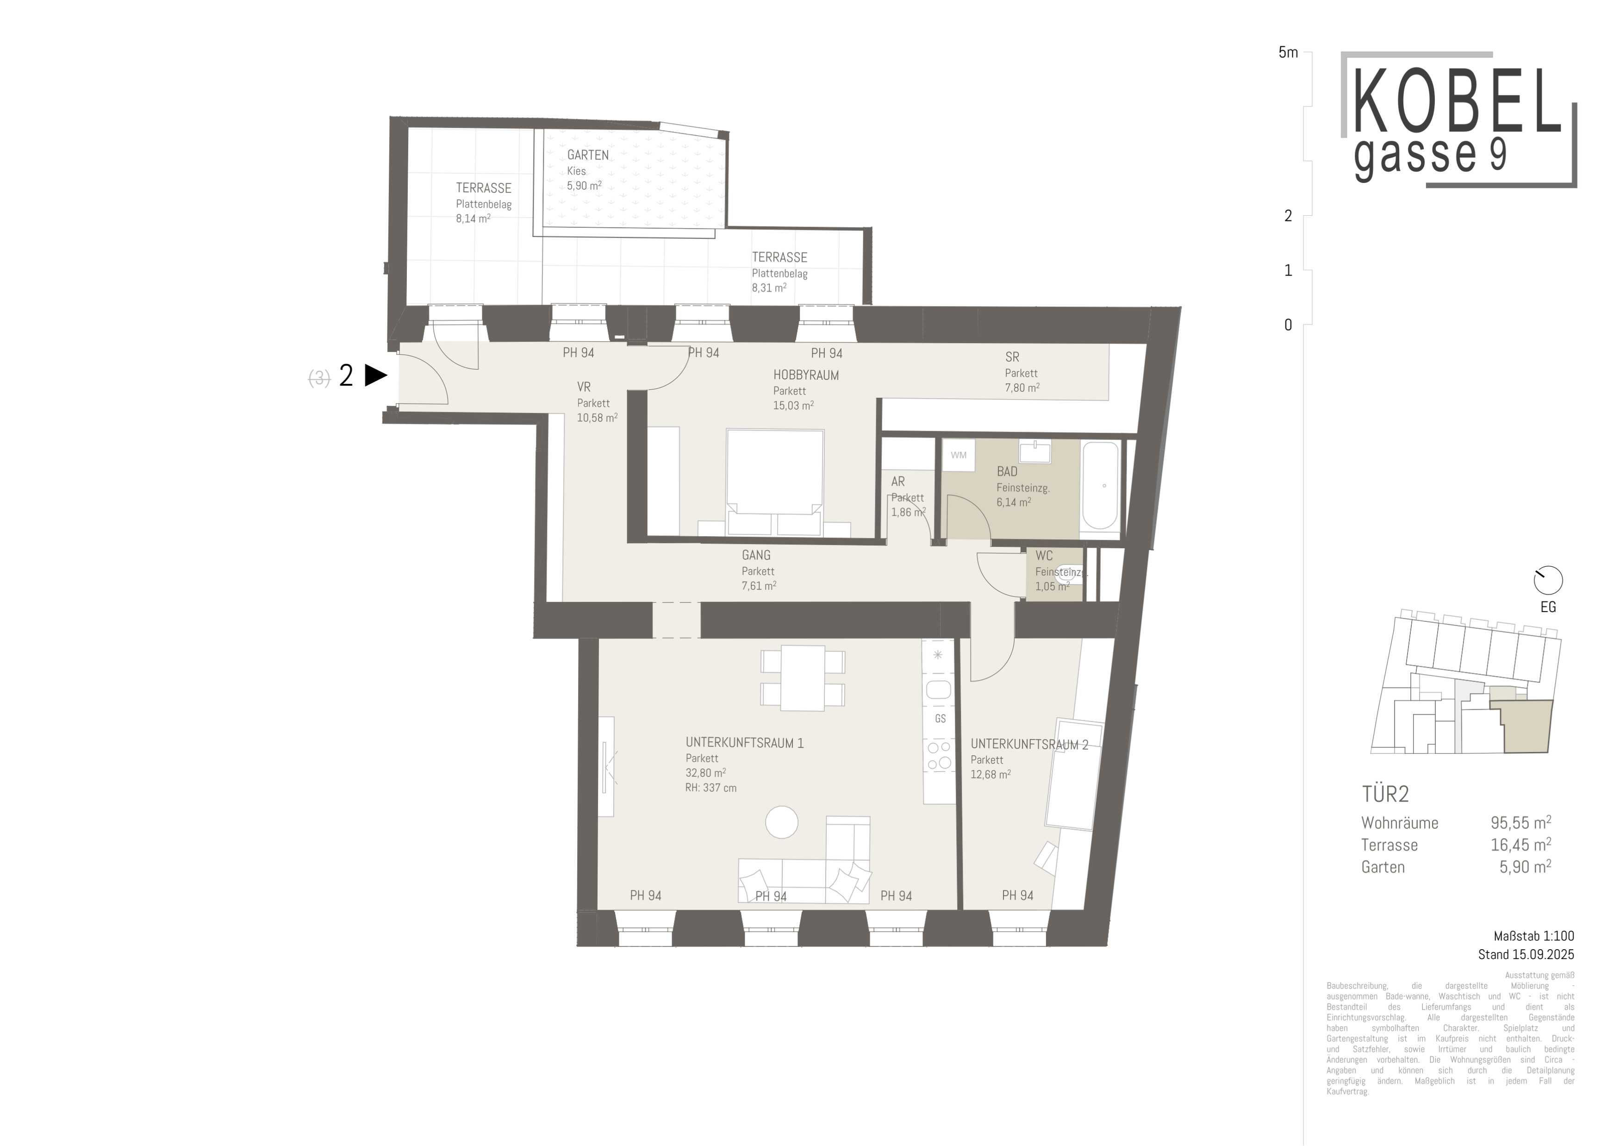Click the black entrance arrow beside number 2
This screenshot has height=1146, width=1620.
coord(375,376)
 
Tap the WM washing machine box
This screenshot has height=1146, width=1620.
coord(958,455)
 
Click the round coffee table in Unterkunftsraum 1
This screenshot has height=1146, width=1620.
coord(782,822)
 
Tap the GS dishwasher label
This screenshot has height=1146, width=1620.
coord(940,718)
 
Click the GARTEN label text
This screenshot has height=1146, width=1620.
coord(588,155)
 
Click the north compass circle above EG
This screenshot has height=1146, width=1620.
coord(1548,581)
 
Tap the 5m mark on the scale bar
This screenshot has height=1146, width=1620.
coord(1289,52)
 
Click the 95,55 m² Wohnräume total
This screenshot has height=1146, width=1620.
coord(1520,822)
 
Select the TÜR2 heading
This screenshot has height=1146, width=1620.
coord(1385,795)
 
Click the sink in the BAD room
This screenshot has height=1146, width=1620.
coord(1034,451)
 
